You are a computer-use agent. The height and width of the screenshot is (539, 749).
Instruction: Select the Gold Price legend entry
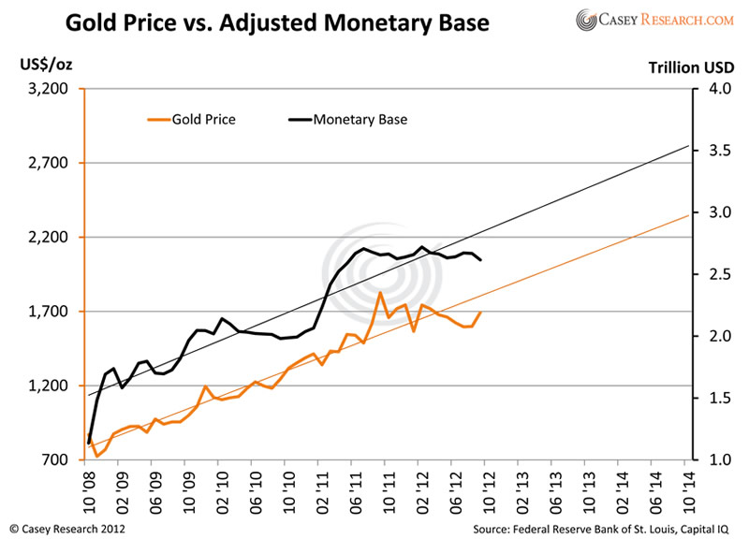191,119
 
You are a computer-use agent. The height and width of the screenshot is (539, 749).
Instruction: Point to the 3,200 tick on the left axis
51,90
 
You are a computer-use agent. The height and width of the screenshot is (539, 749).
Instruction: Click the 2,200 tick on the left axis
51,238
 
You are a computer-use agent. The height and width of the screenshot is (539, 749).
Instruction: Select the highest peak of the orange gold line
380,293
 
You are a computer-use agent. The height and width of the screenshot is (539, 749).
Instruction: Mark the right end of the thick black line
480,260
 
